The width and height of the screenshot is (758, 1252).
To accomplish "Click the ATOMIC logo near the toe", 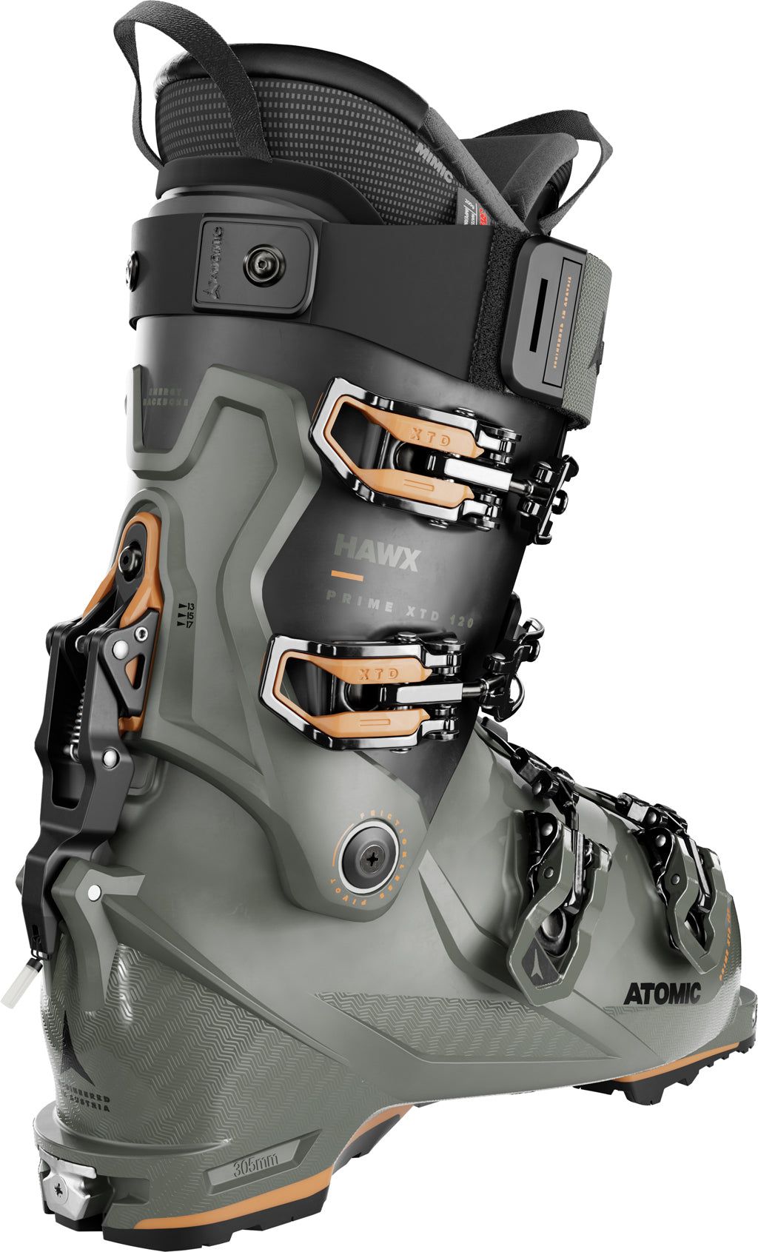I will (661, 992).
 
